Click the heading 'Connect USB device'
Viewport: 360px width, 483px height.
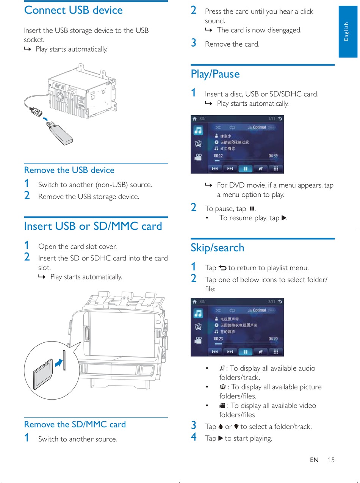(74, 10)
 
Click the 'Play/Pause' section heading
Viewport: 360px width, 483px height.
(215, 74)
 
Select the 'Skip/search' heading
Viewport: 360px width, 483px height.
(218, 248)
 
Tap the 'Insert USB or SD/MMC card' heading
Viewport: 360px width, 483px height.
(93, 226)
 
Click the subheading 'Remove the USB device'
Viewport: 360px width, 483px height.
(69, 170)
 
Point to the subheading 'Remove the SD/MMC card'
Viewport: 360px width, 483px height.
(75, 424)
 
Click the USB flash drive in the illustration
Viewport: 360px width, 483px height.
(61, 132)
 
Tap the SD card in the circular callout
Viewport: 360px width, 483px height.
(42, 374)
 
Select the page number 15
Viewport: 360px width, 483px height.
(331, 460)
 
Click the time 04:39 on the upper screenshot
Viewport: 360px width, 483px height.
(273, 156)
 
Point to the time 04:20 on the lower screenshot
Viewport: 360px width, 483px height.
(273, 339)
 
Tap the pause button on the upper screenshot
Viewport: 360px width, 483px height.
(246, 169)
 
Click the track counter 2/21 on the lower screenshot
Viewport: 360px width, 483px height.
(272, 302)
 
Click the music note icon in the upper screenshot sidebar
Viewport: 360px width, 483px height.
(198, 130)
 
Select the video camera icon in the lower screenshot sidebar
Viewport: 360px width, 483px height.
(198, 340)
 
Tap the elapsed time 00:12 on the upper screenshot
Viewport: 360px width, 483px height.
(218, 156)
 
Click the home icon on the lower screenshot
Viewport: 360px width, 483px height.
(194, 302)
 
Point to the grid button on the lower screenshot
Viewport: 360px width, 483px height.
(276, 352)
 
